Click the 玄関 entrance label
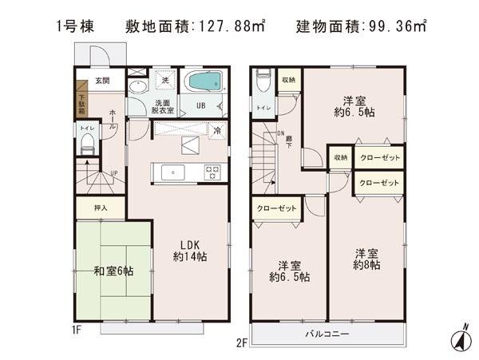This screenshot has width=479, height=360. pyautogui.click(x=101, y=81)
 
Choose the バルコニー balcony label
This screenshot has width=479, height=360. pyautogui.click(x=327, y=334)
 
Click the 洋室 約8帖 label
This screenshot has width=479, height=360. pyautogui.click(x=368, y=259)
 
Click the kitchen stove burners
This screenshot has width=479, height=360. pyautogui.click(x=212, y=172)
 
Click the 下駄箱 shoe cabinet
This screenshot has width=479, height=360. pyautogui.click(x=81, y=102)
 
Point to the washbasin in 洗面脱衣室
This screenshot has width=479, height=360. pyautogui.click(x=137, y=89)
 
